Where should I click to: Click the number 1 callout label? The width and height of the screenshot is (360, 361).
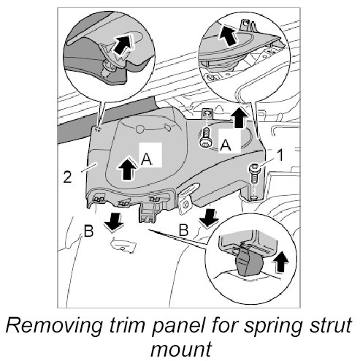click(x=280, y=156)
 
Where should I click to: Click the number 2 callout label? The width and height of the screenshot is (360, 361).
click(x=67, y=177)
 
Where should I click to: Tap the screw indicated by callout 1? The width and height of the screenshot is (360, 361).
click(x=254, y=175)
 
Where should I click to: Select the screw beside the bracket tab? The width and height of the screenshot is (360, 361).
click(x=206, y=137)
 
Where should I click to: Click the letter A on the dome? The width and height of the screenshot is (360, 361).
click(x=147, y=159)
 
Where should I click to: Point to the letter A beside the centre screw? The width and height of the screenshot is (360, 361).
click(x=226, y=145)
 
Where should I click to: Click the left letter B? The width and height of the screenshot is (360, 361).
click(x=88, y=231)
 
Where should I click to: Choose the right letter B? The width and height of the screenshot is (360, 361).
click(x=183, y=229)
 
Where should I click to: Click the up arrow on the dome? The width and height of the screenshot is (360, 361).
click(x=127, y=169)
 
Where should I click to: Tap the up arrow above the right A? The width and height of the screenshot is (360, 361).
click(x=240, y=118)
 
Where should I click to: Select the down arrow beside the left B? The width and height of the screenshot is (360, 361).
click(x=113, y=221)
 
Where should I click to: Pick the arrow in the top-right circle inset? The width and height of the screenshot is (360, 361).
click(x=229, y=36)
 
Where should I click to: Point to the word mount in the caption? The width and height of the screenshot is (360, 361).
click(x=181, y=349)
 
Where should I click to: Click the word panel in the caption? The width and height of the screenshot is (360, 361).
click(x=180, y=326)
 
